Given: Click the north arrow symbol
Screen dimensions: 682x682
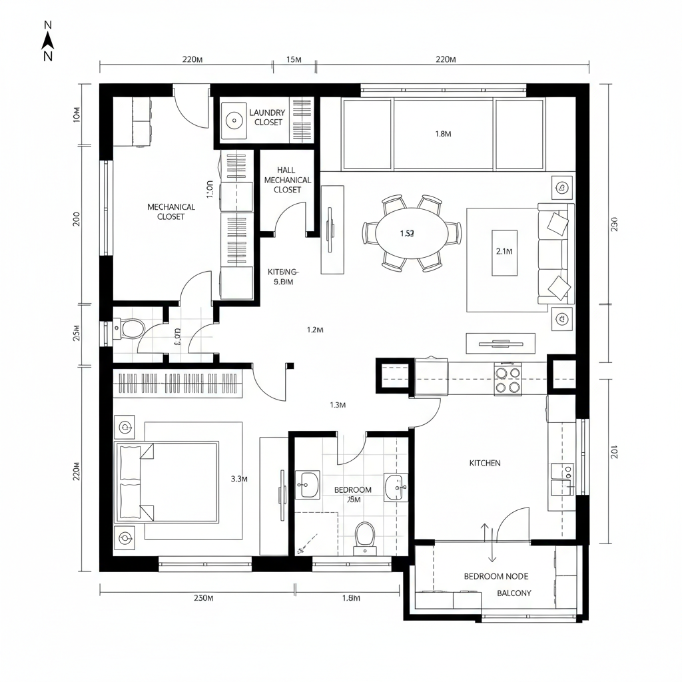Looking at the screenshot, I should (48, 41).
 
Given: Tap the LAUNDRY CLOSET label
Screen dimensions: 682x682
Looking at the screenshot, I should (268, 117).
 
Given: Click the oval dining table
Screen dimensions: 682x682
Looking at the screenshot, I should (412, 233).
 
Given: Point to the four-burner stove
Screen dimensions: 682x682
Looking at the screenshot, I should (508, 379).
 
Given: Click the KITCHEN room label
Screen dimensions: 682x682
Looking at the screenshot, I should (485, 463).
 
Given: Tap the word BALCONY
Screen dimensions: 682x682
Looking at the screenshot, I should (514, 593).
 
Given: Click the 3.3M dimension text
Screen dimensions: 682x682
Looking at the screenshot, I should (239, 478).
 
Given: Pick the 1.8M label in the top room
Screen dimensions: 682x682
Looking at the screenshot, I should (443, 134).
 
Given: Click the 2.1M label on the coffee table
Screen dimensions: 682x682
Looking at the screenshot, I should (504, 252).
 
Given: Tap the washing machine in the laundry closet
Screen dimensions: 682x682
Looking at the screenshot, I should (234, 121).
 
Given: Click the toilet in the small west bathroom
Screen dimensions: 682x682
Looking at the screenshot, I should (131, 328).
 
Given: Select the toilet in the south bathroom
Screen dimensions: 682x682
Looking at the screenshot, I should (364, 535).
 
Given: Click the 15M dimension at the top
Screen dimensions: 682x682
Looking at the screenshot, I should (294, 59).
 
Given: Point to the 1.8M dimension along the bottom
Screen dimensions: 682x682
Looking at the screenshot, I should (351, 597).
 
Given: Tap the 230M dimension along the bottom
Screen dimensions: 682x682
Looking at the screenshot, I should (203, 597).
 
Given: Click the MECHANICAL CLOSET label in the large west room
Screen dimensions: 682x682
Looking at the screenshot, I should (171, 212).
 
